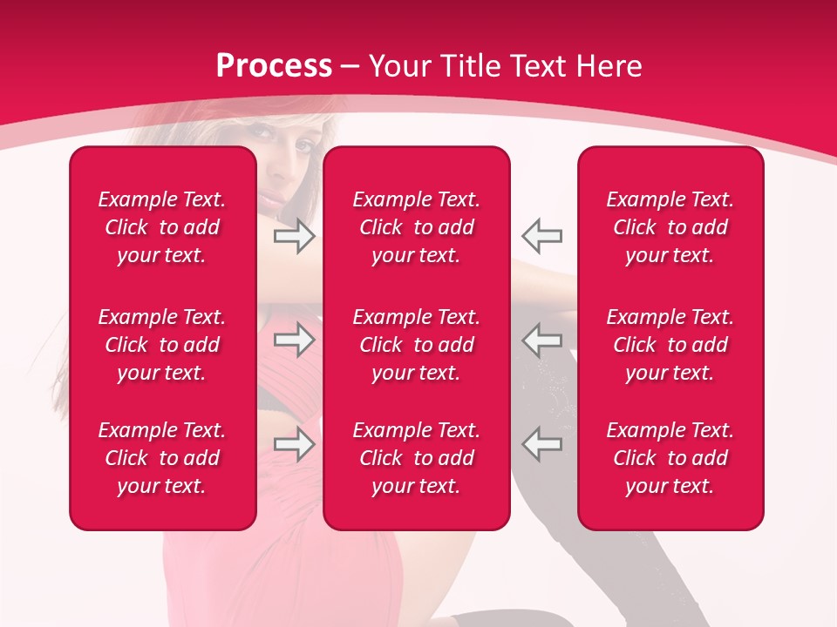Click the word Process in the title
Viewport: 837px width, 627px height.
point(274,66)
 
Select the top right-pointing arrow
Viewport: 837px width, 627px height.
point(294,236)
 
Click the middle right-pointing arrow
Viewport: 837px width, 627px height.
point(294,340)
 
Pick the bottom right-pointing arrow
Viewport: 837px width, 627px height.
point(294,444)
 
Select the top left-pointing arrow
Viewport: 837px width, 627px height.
point(541,236)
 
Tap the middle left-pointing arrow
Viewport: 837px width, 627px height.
point(541,340)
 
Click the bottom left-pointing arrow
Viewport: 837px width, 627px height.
point(541,444)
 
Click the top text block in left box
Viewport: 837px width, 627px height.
point(162,227)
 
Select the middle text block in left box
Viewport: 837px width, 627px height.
point(162,345)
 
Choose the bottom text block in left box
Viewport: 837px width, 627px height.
point(162,458)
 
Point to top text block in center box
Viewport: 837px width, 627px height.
point(416,227)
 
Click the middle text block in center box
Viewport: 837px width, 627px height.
point(416,345)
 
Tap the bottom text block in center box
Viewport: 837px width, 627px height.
point(416,458)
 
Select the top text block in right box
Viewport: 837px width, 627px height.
point(670,227)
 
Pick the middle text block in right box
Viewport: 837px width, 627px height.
point(670,345)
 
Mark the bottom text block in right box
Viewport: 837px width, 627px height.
point(670,458)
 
